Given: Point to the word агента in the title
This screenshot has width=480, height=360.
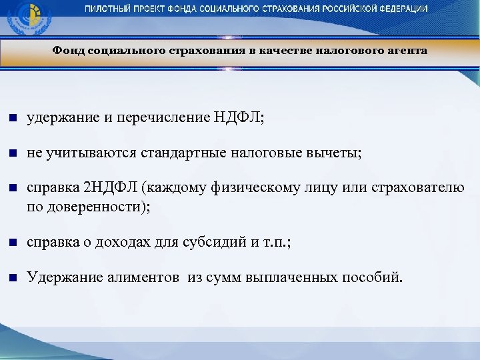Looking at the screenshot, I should (x=406, y=51).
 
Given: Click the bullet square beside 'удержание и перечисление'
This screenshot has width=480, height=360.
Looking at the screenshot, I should (x=11, y=119).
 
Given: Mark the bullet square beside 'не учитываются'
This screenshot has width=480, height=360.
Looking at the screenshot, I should (x=11, y=154).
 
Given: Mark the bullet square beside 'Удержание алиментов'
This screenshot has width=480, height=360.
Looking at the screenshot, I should (x=11, y=277).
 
